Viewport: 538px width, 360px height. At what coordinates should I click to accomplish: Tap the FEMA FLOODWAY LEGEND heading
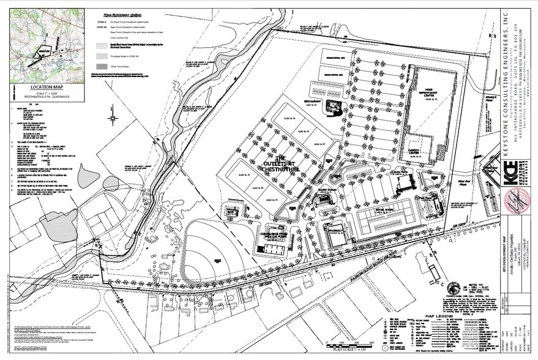132,12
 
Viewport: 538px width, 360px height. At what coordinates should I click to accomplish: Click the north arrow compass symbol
113,116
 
